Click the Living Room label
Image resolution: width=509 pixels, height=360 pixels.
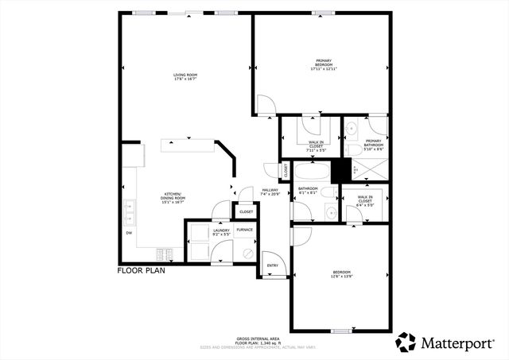click(185, 77)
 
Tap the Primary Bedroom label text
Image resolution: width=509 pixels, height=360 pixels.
click(324, 65)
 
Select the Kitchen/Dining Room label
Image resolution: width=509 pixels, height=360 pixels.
click(173, 199)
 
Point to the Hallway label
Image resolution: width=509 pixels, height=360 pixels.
click(271, 192)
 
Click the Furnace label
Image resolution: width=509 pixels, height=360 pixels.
click(245, 230)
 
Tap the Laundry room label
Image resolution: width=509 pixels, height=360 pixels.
click(220, 232)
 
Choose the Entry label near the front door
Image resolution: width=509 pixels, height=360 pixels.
click(272, 265)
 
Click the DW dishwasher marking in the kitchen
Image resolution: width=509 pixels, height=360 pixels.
click(129, 233)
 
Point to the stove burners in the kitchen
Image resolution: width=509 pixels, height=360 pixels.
click(168, 255)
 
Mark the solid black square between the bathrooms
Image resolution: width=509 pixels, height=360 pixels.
click(341, 170)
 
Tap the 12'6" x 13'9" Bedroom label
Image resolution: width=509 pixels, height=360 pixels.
click(341, 274)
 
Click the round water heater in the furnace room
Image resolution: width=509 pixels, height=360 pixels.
click(247, 253)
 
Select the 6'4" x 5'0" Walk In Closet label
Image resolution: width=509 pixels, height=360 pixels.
click(365, 199)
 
